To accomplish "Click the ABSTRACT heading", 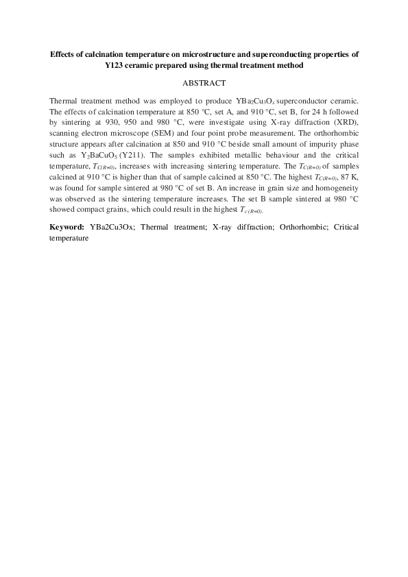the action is pyautogui.click(x=204, y=84).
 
